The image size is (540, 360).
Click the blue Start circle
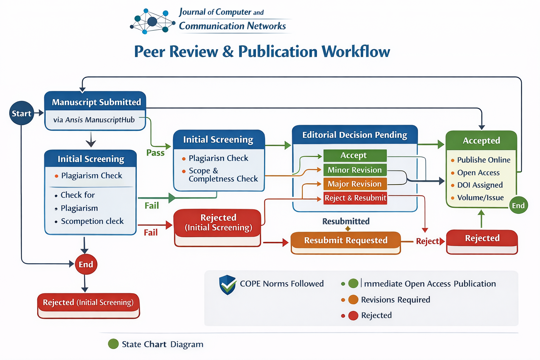[x=21, y=113]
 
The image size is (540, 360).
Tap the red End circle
[x=86, y=264]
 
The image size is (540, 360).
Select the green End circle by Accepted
[x=518, y=206]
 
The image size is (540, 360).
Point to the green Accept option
[x=355, y=155]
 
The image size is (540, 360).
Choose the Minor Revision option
[x=355, y=170]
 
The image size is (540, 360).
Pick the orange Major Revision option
[x=355, y=184]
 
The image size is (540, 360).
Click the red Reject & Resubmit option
[x=355, y=198]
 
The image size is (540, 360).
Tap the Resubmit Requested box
[x=346, y=240]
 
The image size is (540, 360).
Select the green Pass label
[x=155, y=153]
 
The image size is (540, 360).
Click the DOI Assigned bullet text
[x=480, y=185]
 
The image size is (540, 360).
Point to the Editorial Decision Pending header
[x=354, y=135]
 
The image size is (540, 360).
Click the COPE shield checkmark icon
[x=227, y=285]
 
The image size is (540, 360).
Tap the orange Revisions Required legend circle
[x=353, y=300]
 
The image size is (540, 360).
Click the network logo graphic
[x=152, y=21]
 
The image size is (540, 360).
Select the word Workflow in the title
[x=356, y=52]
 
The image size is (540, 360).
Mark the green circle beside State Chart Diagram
[x=113, y=344]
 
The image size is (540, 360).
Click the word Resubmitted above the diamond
[x=346, y=221]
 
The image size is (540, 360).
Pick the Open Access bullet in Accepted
[x=478, y=173]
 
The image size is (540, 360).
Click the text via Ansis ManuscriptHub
[x=94, y=120]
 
